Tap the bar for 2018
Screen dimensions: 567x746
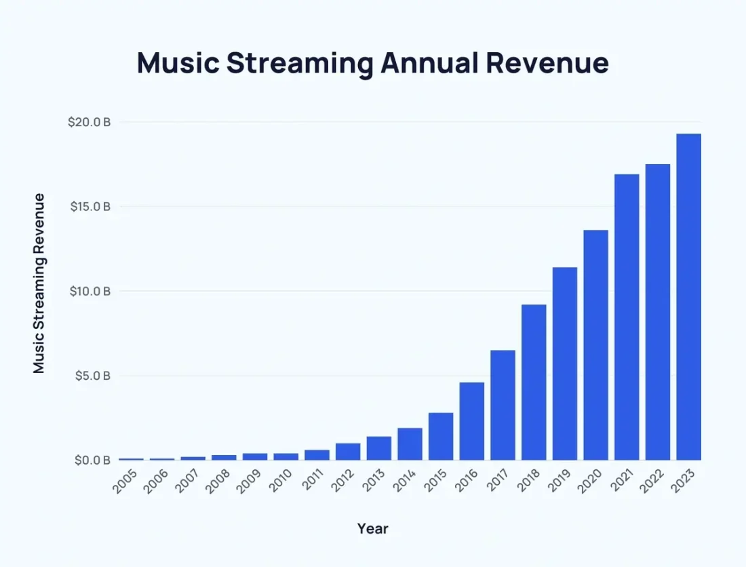tap(534, 383)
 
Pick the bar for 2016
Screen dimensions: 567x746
tap(472, 421)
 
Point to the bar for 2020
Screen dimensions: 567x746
tap(596, 345)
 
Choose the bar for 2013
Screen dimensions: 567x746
tap(379, 448)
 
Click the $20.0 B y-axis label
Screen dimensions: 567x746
tap(89, 123)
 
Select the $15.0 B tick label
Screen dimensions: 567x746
tap(90, 207)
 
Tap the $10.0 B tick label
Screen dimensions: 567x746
tap(90, 292)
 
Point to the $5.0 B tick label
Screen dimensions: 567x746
tap(91, 376)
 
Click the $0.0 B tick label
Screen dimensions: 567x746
tap(91, 461)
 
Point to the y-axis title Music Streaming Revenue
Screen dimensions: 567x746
tap(39, 283)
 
